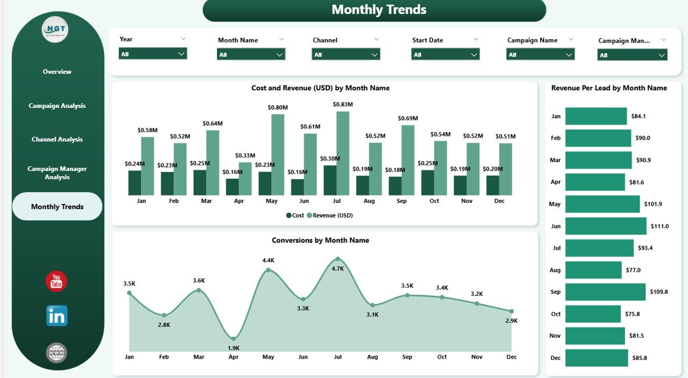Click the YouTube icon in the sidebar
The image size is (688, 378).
56,281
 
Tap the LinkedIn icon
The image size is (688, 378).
56,316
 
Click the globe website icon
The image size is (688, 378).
56,353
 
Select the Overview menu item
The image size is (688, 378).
57,71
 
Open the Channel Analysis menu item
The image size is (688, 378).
57,139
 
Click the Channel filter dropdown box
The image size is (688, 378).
346,54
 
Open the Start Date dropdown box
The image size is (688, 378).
445,54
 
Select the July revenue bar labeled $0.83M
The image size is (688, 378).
343,153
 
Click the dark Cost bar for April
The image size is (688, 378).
233,186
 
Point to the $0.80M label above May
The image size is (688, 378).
278,107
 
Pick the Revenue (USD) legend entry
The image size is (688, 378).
330,215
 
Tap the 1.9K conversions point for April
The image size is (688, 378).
233,338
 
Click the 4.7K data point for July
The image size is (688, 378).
338,259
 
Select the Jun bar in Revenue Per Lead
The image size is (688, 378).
606,226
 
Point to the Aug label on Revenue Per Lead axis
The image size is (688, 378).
555,270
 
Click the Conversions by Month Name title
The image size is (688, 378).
320,240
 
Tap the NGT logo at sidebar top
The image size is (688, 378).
55,30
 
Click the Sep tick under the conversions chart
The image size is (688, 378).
407,357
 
